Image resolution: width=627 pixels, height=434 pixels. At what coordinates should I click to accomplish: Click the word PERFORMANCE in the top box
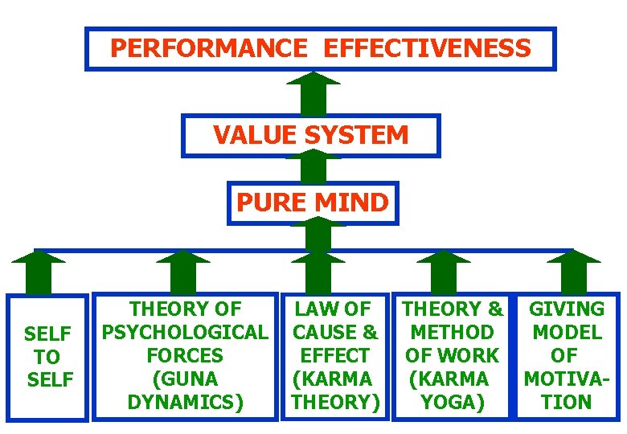208,48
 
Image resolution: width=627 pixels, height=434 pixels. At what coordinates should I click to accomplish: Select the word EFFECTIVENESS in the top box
427,48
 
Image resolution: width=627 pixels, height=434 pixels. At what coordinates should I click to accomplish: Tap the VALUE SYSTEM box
311,135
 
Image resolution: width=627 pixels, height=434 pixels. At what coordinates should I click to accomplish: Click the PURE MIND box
313,203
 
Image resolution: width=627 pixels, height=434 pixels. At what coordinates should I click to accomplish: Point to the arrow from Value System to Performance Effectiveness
313,92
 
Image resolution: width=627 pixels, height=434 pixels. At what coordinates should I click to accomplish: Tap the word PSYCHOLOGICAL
185,332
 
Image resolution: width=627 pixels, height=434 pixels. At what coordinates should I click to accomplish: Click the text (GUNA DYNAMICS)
185,391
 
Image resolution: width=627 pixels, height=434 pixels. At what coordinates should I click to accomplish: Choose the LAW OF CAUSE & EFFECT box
334,355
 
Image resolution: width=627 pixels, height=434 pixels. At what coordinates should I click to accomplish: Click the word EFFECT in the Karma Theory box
334,355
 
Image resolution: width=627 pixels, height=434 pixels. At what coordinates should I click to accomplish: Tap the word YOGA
452,402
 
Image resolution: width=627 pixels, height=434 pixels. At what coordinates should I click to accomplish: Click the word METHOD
452,332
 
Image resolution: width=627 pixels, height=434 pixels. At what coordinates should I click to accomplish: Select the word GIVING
566,309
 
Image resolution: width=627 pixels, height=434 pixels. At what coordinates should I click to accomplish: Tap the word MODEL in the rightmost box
566,332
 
